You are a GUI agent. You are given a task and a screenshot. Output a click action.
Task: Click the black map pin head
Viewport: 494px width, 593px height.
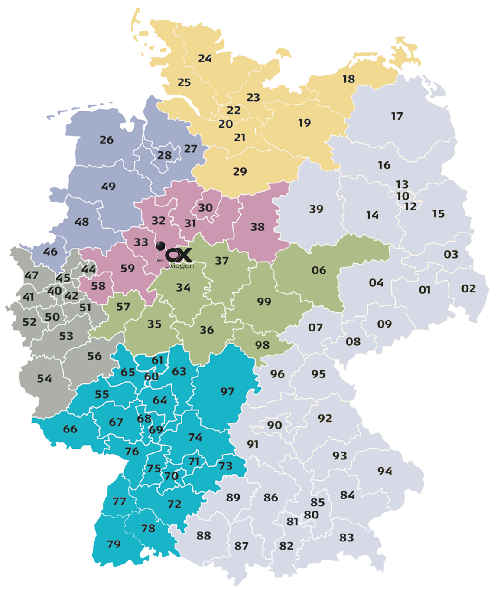pos(161,246)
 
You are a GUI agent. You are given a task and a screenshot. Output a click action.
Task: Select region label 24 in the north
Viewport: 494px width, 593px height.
pos(205,59)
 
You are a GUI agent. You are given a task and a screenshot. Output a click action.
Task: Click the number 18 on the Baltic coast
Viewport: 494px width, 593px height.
pos(348,79)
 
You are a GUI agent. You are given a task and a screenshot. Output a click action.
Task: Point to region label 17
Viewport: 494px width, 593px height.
pos(396,116)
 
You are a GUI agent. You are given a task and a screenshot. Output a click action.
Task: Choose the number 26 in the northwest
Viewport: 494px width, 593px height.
pos(106,140)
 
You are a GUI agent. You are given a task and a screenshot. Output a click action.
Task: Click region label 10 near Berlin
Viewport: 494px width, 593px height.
pos(403,196)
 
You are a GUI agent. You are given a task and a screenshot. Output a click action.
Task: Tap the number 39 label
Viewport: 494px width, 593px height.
pos(316,209)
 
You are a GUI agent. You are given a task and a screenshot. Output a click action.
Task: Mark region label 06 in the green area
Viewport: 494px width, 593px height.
pos(318,270)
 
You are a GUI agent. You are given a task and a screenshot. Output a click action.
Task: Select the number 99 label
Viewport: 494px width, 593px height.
pos(264,301)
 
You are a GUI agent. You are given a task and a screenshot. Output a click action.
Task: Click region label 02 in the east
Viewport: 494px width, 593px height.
pos(468,288)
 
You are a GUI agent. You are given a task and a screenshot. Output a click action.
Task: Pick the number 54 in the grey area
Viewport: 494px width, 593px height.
pos(44,379)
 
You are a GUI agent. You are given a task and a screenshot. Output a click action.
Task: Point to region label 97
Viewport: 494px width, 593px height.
pos(227,392)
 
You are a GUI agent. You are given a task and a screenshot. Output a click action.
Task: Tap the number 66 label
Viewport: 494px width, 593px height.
pos(70,429)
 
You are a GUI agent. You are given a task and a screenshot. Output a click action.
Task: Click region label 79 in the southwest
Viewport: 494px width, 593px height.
pos(114,544)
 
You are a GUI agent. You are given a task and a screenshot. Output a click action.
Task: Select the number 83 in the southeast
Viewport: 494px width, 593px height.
pos(346,538)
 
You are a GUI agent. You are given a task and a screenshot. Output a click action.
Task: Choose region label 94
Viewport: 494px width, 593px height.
pos(384,471)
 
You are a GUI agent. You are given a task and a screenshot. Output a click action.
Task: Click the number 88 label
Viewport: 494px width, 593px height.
pos(203,536)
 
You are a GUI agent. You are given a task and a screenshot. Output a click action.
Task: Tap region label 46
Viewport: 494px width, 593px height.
pos(50,252)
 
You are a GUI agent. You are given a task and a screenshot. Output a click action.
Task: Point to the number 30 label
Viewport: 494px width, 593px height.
pos(205,208)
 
